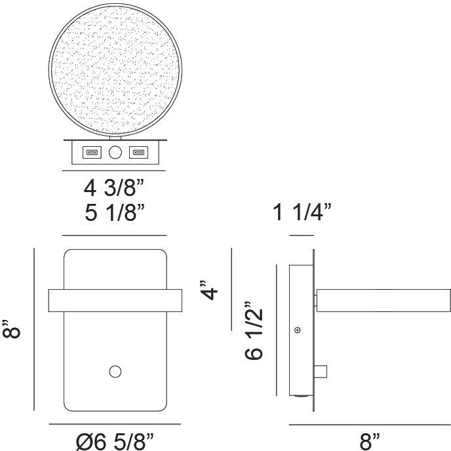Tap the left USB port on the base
(90, 153)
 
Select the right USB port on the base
(138, 153)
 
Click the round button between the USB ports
(115, 153)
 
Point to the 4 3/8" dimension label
(114, 189)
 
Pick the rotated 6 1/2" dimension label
(255, 330)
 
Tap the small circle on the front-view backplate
(115, 372)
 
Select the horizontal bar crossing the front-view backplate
(115, 300)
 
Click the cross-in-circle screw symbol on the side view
(298, 329)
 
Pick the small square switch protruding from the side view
(321, 372)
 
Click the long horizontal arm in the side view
(383, 300)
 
